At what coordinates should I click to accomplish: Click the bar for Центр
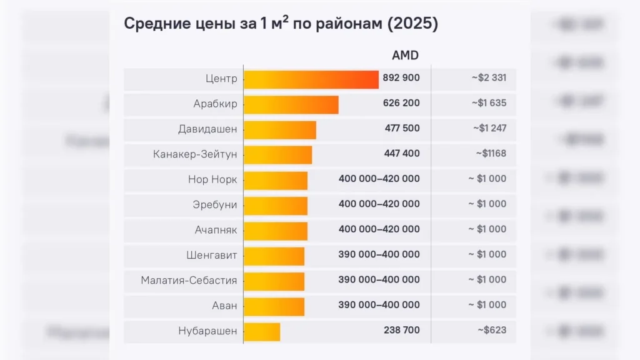pos(311,79)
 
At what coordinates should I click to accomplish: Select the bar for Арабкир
pos(291,104)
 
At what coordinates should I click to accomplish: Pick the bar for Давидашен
pos(279,130)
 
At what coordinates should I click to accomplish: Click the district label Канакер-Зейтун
pos(195,154)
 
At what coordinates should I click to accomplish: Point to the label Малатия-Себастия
pos(189,281)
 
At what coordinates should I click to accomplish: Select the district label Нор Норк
pos(212,180)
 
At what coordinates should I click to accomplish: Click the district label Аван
pos(224,306)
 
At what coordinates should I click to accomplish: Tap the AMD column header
pos(405,56)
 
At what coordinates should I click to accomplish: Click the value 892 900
pos(401,78)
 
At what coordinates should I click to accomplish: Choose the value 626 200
pos(401,103)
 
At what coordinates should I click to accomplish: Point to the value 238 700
pos(401,330)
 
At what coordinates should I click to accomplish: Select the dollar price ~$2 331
pos(489,78)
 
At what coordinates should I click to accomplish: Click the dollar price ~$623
pos(491,330)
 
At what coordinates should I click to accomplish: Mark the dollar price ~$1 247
pos(489,128)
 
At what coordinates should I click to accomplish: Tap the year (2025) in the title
pos(413,24)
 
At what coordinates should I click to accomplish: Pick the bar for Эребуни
pos(275,206)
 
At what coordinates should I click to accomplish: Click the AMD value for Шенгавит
pos(379,254)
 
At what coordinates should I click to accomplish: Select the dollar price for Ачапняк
pos(487,229)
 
